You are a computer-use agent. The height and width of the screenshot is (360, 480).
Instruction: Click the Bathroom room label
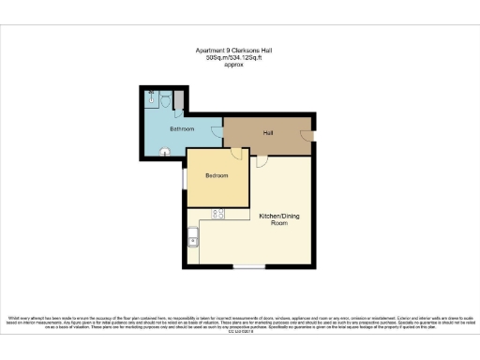tap(181, 127)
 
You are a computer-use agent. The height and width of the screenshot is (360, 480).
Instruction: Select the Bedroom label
tap(217, 174)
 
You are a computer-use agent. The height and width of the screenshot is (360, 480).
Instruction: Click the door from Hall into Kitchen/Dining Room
tap(263, 159)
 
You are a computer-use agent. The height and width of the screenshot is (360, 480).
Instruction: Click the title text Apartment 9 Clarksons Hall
tap(239, 50)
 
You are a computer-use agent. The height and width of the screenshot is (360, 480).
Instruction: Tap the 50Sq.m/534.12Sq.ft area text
tap(239, 58)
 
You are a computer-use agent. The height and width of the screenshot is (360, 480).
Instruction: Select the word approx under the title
tap(239, 67)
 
